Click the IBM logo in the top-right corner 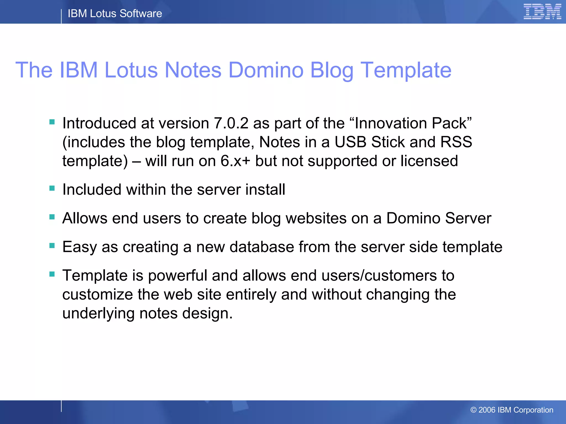[542, 12]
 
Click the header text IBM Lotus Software [115, 14]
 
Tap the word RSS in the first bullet [456, 142]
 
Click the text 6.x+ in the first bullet [235, 161]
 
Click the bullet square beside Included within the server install [52, 188]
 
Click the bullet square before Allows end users [52, 217]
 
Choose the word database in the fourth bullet [261, 247]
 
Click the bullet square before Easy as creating [52, 245]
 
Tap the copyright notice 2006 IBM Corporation [512, 410]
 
